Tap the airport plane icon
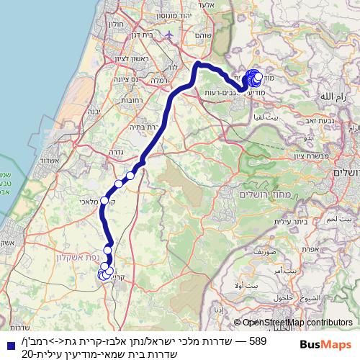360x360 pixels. point(168,35)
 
